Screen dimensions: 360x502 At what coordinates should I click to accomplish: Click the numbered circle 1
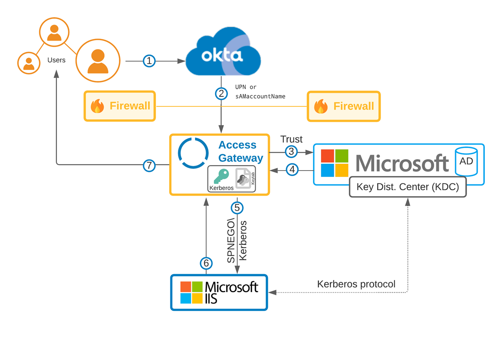pos(149,61)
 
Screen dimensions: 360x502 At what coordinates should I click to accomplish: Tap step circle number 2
pos(221,93)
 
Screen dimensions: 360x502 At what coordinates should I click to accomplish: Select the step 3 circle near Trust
pos(291,152)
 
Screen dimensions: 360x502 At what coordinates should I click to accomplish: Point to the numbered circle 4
pos(291,170)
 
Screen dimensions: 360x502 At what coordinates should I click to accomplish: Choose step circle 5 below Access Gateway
pos(237,207)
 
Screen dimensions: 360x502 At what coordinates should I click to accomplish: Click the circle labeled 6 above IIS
pos(206,263)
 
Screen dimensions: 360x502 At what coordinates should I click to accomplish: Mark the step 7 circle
pos(149,165)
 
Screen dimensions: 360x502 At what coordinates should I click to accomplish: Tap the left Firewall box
pos(120,106)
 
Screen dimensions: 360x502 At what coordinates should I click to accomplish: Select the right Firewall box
pos(343,106)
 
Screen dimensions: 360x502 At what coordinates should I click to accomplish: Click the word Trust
pos(291,140)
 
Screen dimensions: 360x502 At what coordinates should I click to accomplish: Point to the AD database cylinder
pos(466,161)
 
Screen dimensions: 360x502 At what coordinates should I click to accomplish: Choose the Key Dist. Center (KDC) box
pos(407,187)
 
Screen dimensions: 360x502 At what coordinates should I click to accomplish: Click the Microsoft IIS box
pos(219,292)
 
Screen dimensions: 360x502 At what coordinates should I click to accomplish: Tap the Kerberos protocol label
pos(356,284)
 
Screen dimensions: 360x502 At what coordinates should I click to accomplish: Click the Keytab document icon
pos(243,179)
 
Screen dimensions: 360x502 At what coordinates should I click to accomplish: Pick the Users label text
pos(57,60)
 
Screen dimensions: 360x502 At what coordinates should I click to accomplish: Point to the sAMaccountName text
pos(260,96)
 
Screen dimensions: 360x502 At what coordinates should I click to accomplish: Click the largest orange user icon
pos(98,60)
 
